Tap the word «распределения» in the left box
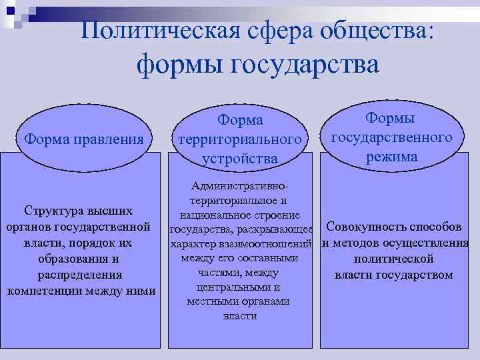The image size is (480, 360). (79, 275)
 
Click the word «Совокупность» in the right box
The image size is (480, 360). (363, 226)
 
